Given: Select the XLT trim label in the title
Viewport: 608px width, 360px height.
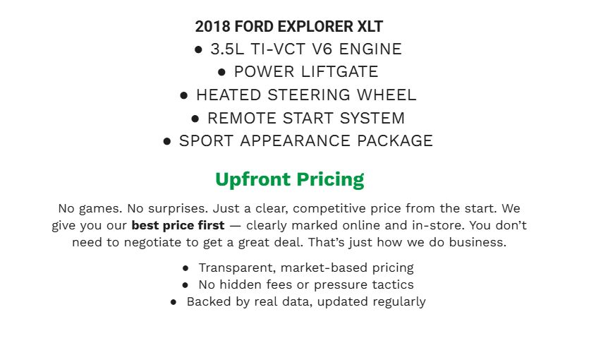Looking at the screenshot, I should click(370, 28).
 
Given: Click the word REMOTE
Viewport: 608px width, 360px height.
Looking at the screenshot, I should click(243, 118).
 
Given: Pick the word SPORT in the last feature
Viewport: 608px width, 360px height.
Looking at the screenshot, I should click(206, 140).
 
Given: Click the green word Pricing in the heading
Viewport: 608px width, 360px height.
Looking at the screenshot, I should click(330, 179).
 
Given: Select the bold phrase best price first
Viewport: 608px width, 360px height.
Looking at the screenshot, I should click(178, 226).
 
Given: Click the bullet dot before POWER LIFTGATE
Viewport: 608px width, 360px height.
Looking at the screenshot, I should click(221, 72).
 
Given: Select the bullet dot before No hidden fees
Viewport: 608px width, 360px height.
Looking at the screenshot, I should click(185, 285).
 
